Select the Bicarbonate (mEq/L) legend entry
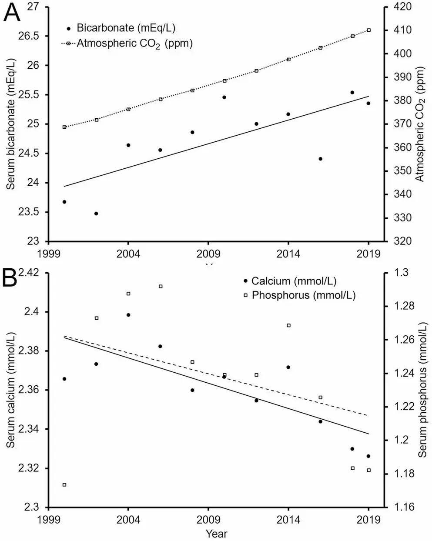(126, 28)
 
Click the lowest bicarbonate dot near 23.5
(96, 214)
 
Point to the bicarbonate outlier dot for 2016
(321, 159)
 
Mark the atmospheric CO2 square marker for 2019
(368, 30)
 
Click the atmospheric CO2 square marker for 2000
(64, 127)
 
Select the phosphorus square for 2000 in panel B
(64, 484)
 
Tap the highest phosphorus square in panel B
(161, 286)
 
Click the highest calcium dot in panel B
(128, 315)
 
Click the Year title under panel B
(216, 533)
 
